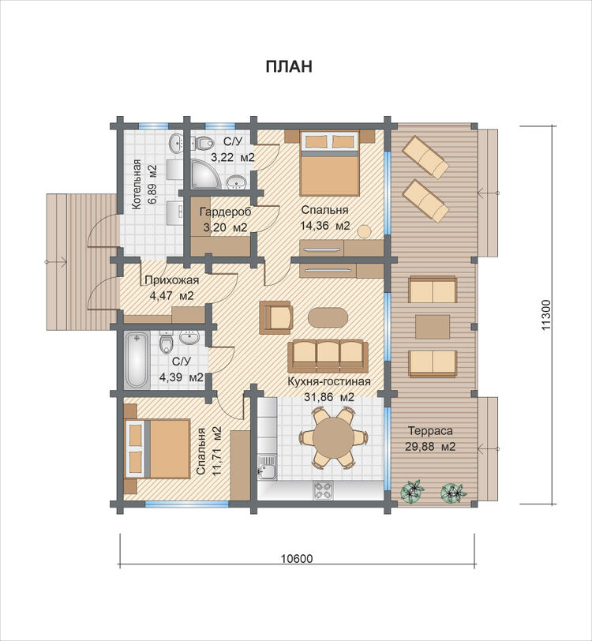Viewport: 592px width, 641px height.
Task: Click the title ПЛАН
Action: pos(289,66)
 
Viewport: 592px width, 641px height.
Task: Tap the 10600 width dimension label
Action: pos(297,558)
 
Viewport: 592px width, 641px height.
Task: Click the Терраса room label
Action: pos(430,431)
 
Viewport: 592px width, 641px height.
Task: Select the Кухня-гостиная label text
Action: pos(329,381)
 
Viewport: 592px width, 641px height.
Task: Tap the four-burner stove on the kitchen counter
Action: pos(323,489)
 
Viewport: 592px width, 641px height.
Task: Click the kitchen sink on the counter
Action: pos(267,467)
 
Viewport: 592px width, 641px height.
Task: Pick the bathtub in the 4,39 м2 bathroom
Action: pos(137,361)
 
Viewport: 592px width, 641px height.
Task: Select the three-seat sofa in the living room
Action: pos(328,355)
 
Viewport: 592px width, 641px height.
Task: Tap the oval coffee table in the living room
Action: pos(328,317)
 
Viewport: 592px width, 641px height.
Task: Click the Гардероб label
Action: pos(225,212)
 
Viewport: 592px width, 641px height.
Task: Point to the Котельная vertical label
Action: pos(136,185)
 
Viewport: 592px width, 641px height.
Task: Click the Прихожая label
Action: pos(172,280)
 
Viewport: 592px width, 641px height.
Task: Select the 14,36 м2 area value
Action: pos(325,226)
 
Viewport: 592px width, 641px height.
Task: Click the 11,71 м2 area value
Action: pos(216,451)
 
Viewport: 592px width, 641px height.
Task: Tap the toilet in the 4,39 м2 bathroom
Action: pos(166,342)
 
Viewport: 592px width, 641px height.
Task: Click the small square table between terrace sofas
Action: pos(433,327)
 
